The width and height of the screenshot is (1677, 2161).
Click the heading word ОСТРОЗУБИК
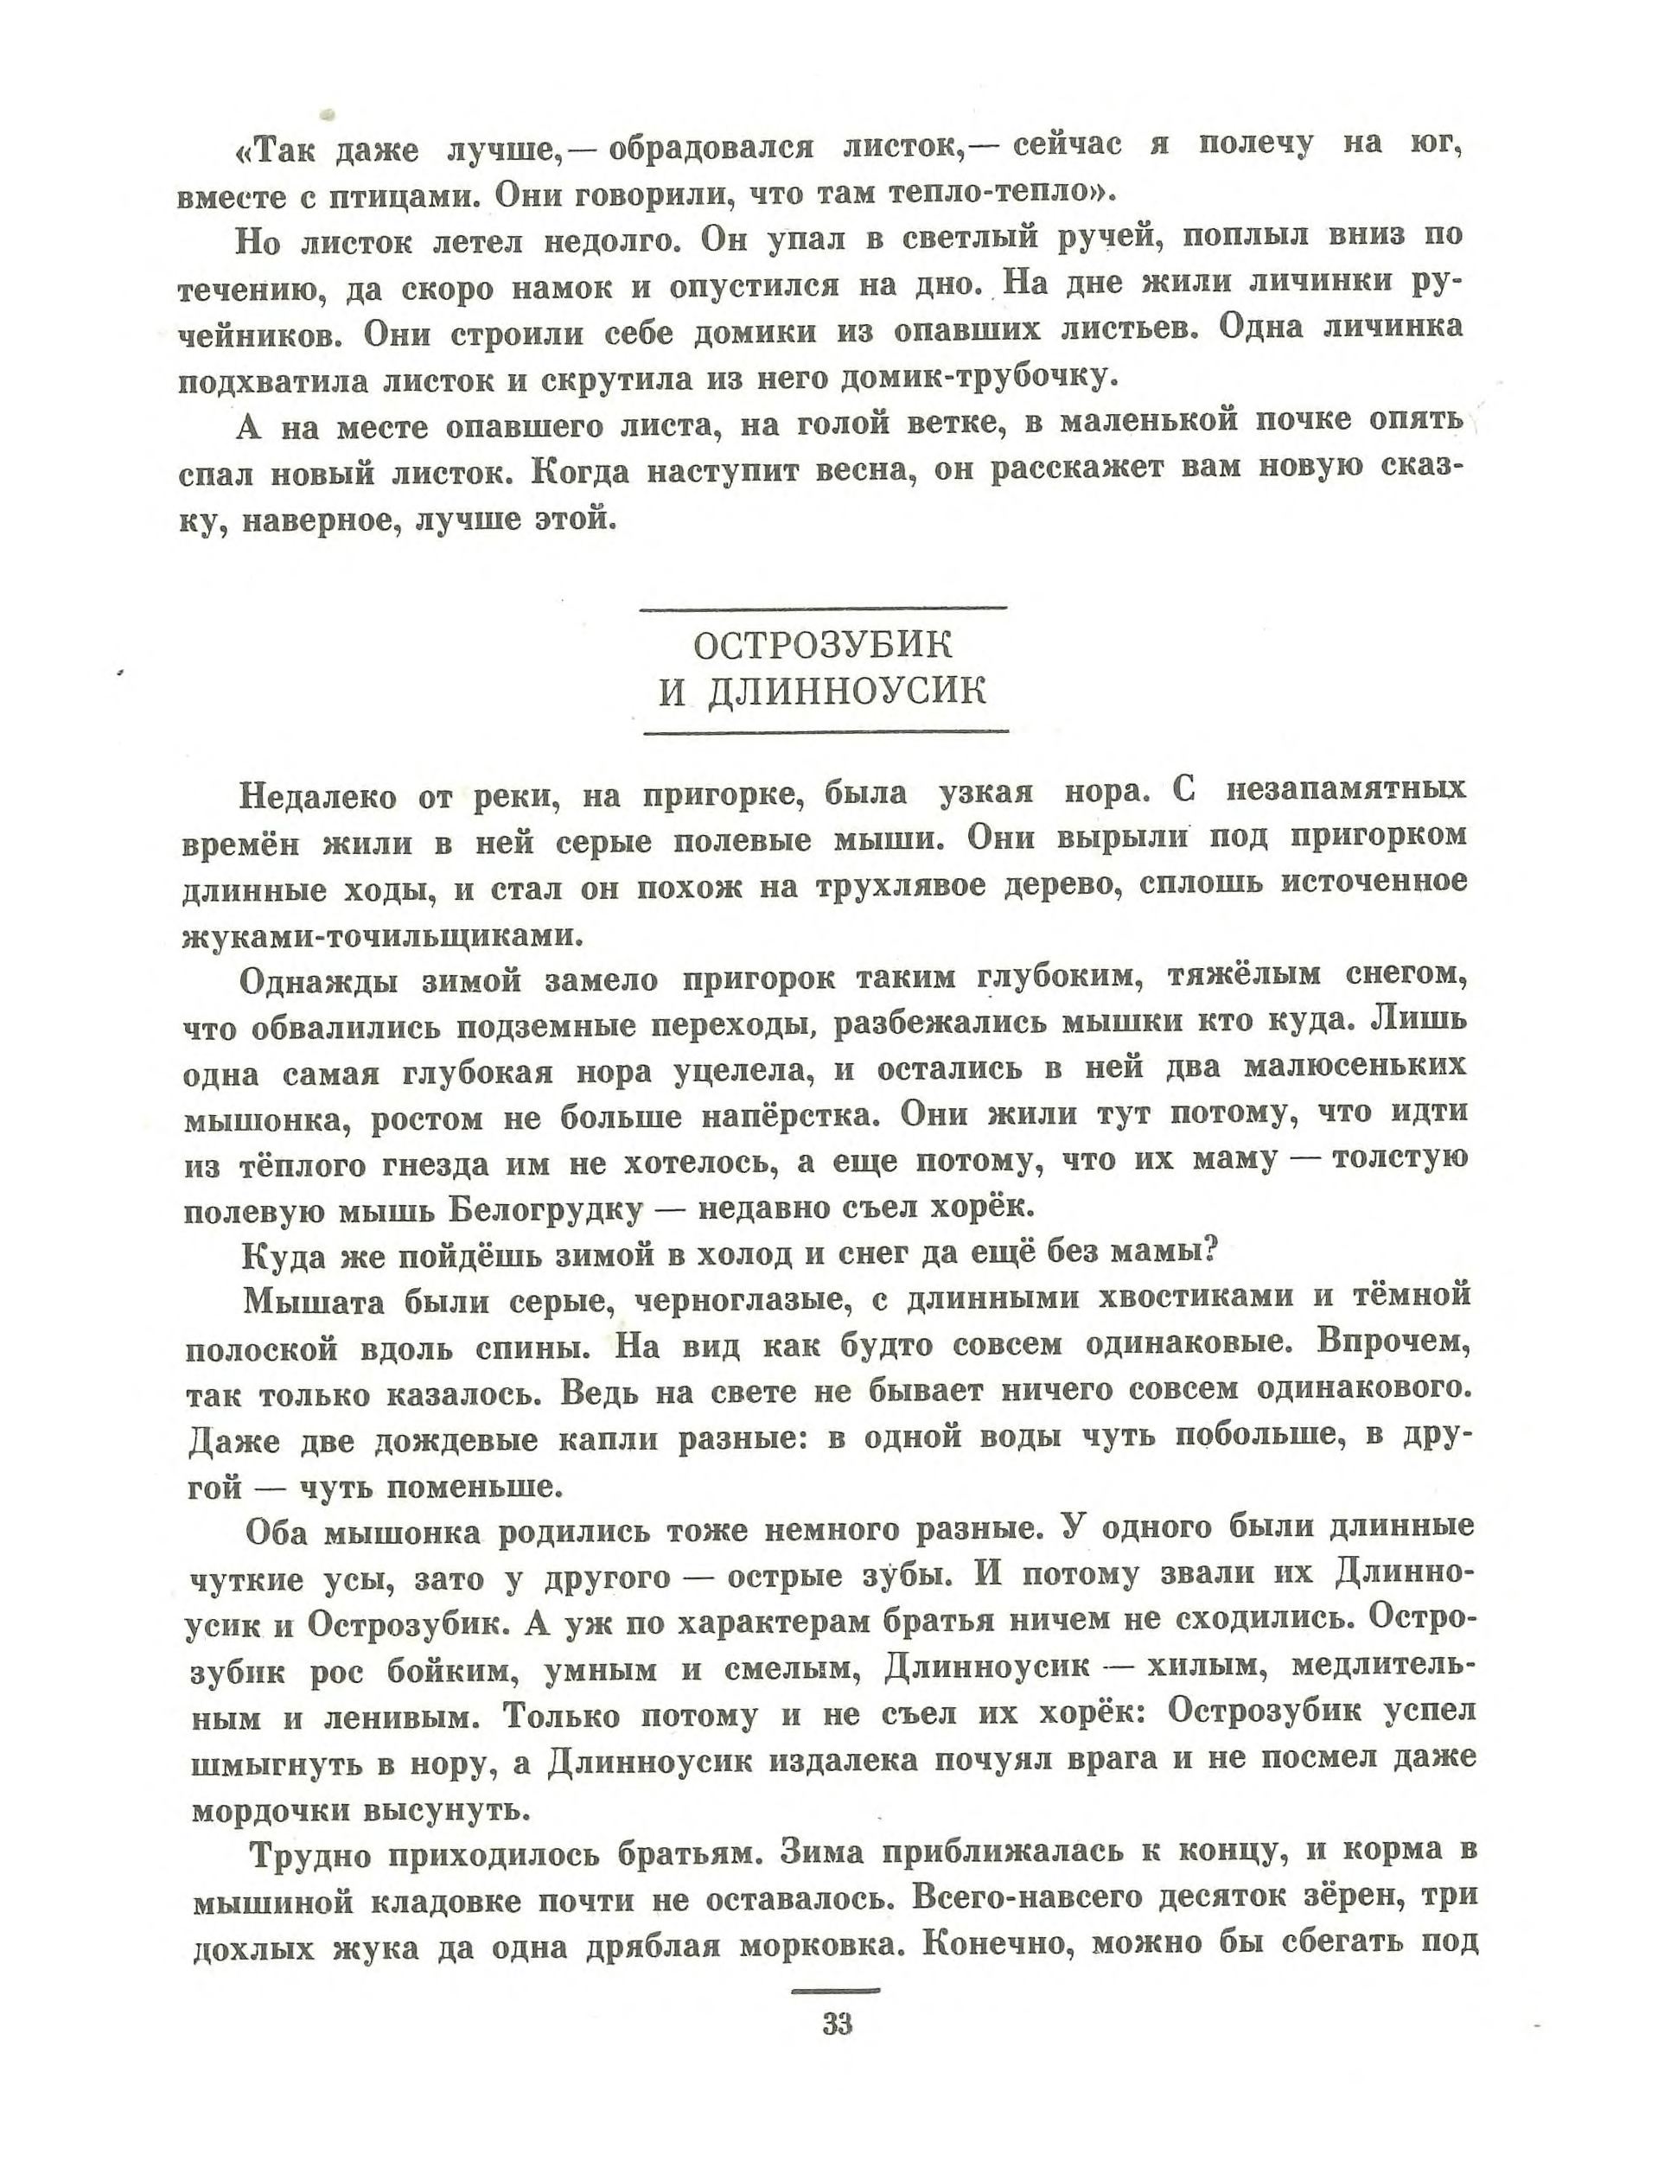[x=822, y=646]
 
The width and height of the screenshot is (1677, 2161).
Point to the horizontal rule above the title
[x=823, y=608]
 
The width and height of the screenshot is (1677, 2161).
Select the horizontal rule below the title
[x=826, y=732]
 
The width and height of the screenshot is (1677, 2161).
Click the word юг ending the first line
[x=1436, y=145]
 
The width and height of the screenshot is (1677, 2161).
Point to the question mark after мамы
[x=1205, y=1252]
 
